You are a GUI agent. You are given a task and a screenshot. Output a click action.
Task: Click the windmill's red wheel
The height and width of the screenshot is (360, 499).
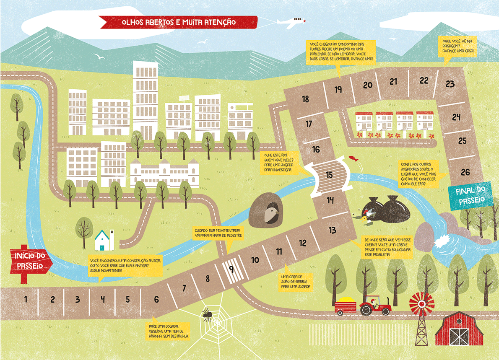tap(420, 303)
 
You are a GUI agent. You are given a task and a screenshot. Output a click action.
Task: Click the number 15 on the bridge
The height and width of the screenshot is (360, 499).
tap(330, 175)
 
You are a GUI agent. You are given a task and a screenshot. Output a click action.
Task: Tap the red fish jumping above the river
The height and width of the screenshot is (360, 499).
tap(353, 158)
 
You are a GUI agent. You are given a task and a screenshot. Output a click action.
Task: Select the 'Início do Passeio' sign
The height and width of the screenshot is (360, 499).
tap(30, 260)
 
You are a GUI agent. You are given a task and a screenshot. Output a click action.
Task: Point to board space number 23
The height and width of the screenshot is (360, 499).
tap(450, 84)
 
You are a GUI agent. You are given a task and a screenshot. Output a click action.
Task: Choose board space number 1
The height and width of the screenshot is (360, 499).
tap(26, 299)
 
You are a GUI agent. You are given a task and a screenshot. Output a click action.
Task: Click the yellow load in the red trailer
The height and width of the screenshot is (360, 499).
tap(345, 299)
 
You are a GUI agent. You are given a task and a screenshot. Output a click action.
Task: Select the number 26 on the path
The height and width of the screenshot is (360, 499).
tap(465, 171)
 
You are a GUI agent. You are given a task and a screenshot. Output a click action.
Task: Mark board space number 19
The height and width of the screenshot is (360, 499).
tap(338, 89)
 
